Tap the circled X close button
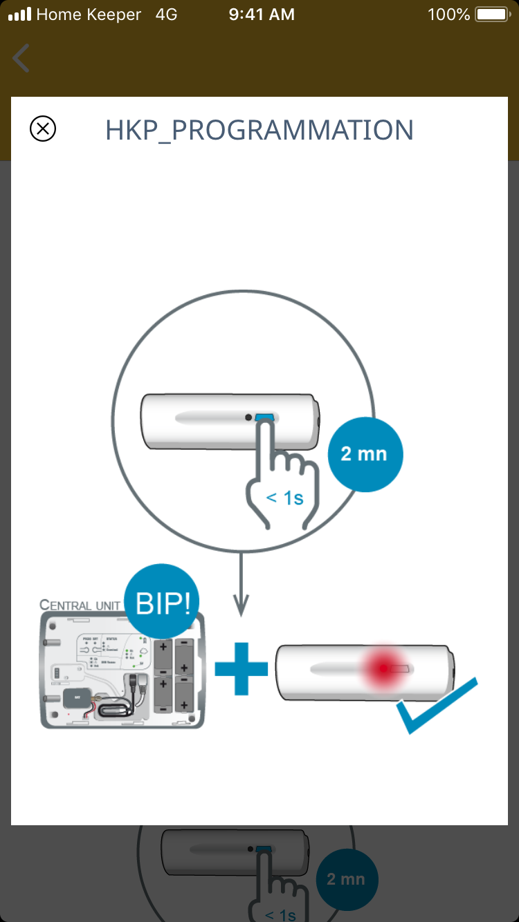coord(43,129)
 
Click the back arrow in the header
coord(21,58)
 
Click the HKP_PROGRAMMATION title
coord(259,130)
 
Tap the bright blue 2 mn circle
coord(364,454)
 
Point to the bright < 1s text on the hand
coord(284,497)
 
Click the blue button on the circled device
coord(265,417)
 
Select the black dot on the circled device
coord(248,417)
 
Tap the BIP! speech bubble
coord(163,603)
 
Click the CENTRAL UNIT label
coord(80,605)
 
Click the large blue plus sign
coord(241,668)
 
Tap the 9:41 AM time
coord(262,15)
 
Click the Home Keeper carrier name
coord(89,15)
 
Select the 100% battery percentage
coord(448,15)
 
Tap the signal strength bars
coord(20,15)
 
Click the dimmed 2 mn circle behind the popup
coord(346,878)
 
